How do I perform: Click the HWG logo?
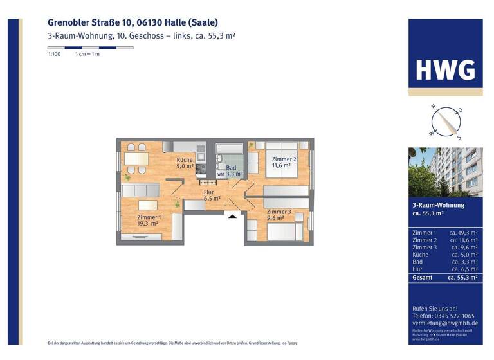[445, 70]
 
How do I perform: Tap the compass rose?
[445, 122]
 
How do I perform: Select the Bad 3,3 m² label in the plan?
[230, 171]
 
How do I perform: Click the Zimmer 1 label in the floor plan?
[149, 221]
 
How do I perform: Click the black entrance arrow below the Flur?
[232, 216]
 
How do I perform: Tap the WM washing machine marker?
[221, 174]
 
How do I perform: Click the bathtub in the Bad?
[229, 157]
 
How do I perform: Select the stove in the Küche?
[201, 169]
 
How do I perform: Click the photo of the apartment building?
[445, 172]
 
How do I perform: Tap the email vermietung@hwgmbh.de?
[444, 324]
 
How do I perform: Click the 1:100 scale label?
[54, 54]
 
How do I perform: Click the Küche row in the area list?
[445, 255]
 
